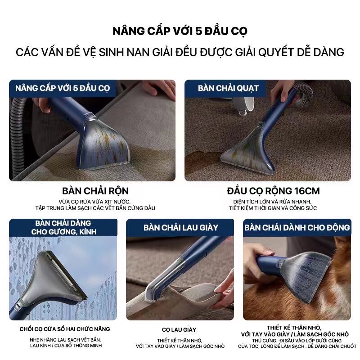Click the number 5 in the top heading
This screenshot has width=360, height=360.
199,31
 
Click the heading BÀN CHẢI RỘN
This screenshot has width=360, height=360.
95,191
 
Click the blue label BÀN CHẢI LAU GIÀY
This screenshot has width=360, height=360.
181,228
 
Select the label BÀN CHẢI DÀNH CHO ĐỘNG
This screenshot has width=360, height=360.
297,228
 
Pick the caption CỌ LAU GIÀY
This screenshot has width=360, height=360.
179,330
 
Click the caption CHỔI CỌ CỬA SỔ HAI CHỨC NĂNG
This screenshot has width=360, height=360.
65,329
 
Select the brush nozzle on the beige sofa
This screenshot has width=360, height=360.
103,144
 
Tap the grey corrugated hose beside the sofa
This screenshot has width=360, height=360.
17,133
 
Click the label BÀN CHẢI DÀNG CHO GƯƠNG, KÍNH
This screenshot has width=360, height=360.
63,228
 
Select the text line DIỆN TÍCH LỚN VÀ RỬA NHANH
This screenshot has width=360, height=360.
272,202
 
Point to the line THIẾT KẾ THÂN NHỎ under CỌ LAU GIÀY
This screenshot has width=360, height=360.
179,341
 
